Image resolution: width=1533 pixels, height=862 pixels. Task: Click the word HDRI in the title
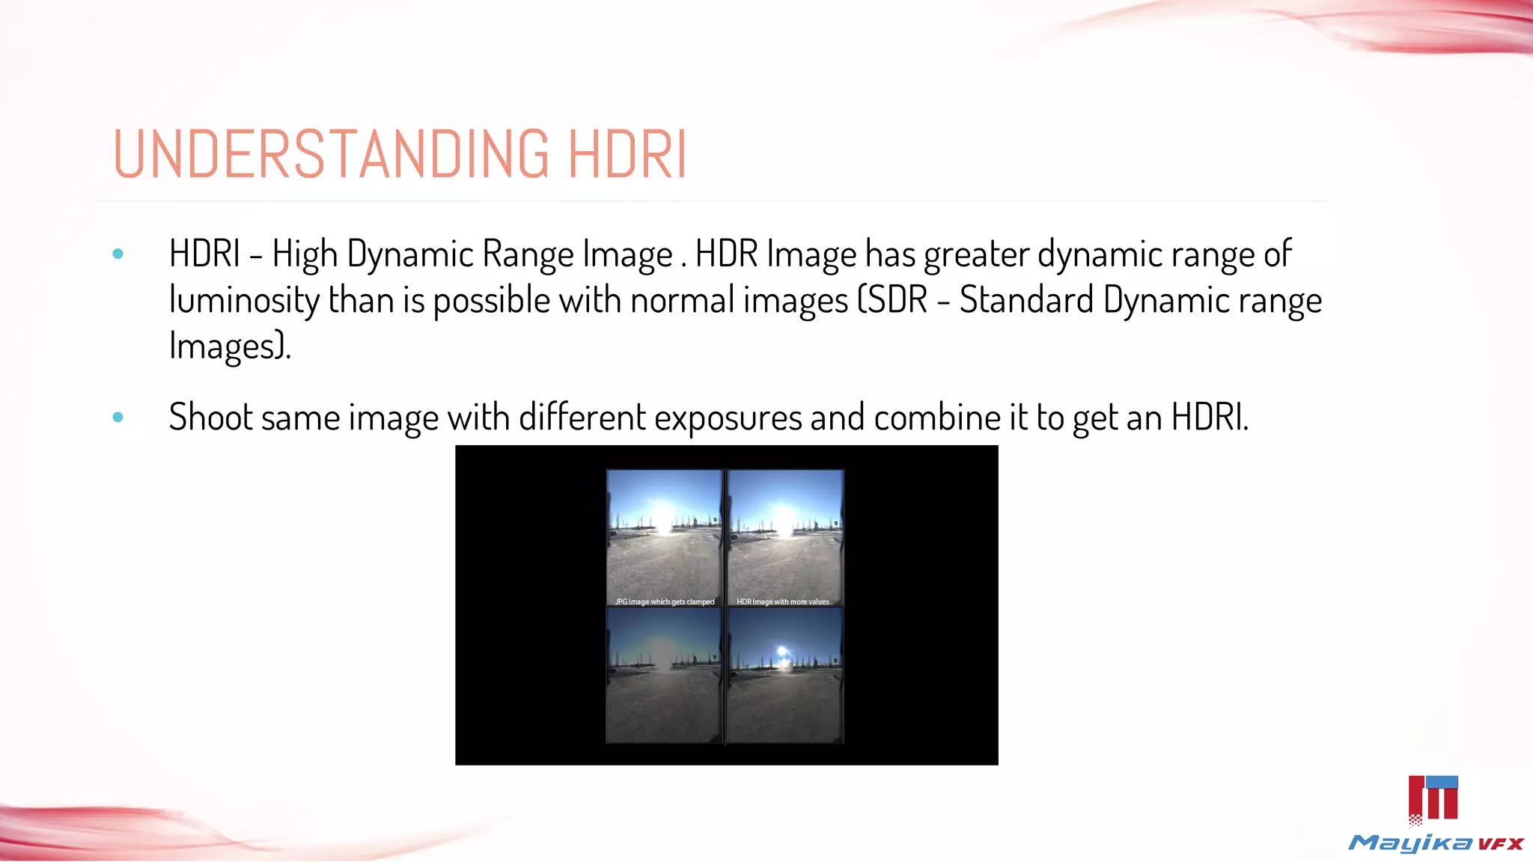627,154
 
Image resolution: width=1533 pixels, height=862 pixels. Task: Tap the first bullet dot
118,254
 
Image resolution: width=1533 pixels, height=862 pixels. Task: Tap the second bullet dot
118,418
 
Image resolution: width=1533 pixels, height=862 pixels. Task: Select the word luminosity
244,300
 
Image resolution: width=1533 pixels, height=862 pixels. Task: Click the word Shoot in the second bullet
210,417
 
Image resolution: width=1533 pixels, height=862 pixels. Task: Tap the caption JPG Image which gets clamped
665,602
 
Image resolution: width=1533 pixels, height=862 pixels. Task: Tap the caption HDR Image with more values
783,602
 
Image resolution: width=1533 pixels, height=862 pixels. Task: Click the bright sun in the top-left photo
663,516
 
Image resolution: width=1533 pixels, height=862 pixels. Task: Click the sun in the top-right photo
784,518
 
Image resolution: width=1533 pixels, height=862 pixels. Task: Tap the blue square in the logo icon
1442,783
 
